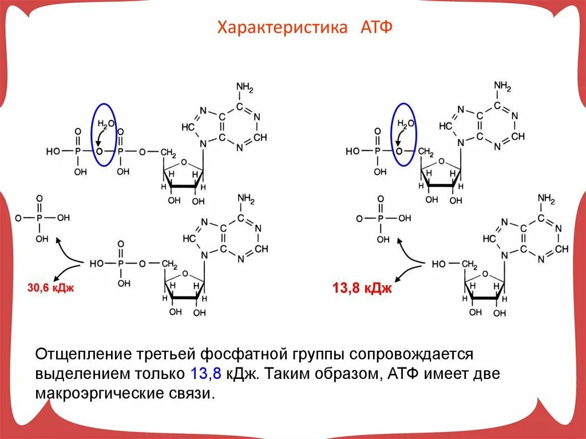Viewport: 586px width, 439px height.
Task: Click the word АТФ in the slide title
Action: point(377,27)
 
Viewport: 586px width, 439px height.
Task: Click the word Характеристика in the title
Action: point(282,27)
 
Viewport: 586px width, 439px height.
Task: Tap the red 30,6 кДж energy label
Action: point(50,287)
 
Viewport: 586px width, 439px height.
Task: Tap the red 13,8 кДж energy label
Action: point(362,287)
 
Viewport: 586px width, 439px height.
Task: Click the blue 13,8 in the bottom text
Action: point(204,375)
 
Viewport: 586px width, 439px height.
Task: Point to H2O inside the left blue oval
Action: point(106,124)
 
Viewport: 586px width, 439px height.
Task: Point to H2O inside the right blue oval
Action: point(405,124)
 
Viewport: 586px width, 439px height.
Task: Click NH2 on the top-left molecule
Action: point(244,88)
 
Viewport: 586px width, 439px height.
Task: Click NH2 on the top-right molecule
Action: point(503,87)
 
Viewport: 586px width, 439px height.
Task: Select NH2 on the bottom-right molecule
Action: point(547,199)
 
